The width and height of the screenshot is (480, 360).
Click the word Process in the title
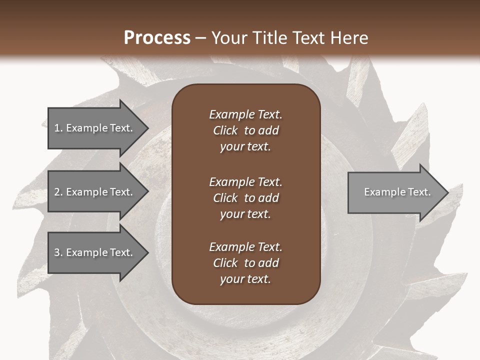tap(157, 38)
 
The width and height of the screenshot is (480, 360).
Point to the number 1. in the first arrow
tap(58, 128)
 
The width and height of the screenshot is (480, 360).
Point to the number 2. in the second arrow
tap(58, 192)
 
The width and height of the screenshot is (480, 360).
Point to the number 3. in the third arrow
tap(58, 252)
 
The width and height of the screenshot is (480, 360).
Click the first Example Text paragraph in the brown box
tap(245, 130)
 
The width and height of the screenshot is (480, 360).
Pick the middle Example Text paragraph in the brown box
tap(245, 198)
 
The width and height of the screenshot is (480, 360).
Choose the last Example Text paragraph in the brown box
tap(245, 263)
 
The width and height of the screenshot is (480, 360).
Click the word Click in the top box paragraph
tap(225, 131)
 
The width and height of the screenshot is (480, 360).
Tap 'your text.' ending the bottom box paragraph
tap(245, 279)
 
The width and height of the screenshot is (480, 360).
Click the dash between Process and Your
tap(200, 38)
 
